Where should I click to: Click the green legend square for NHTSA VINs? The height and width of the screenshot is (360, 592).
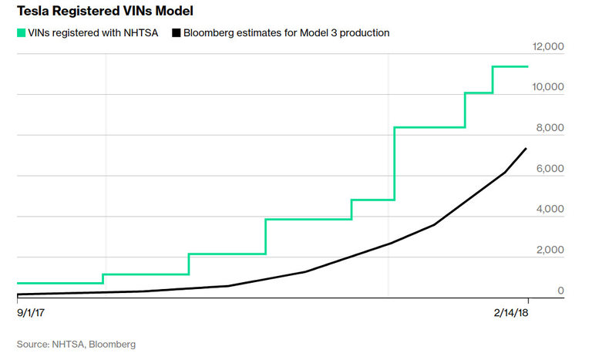[21, 32]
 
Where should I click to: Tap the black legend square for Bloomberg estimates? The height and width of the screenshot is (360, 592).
[177, 32]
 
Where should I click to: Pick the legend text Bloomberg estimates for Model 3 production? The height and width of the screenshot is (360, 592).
[287, 32]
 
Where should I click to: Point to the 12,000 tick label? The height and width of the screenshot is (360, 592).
[549, 47]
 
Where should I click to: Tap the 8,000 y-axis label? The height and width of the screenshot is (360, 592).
[552, 128]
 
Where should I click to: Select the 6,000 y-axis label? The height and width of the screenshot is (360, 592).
[552, 169]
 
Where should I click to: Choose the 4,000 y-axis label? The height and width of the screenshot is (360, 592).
[552, 209]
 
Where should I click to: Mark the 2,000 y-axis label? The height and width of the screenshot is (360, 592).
[552, 250]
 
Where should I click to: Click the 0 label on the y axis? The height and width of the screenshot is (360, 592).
[561, 290]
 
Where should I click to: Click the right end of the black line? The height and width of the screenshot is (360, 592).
[526, 148]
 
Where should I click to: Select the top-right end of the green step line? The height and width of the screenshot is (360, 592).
[527, 66]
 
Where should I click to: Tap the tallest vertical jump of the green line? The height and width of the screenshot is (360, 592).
[394, 163]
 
